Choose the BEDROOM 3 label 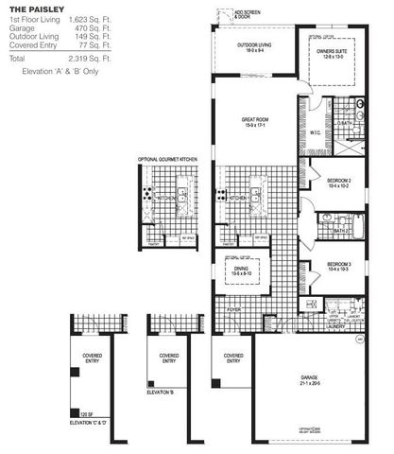pyautogui.click(x=339, y=266)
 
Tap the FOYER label pyautogui.click(x=233, y=308)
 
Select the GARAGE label pyautogui.click(x=308, y=377)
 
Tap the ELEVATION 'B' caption pyautogui.click(x=162, y=392)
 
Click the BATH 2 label pyautogui.click(x=341, y=230)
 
